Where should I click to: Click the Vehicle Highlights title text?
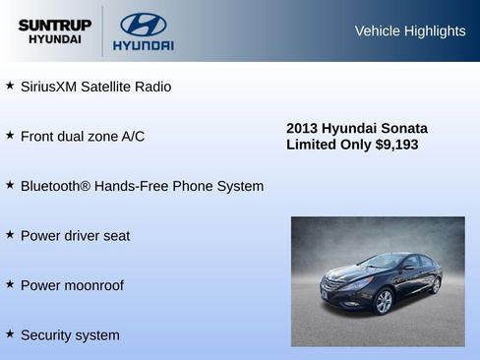click(410, 31)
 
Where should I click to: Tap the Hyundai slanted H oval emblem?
click(143, 25)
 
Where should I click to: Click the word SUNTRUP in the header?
click(54, 25)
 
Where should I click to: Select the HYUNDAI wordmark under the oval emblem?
click(143, 45)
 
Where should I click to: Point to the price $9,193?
click(396, 145)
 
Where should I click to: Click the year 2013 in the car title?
click(302, 128)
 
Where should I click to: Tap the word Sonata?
click(404, 128)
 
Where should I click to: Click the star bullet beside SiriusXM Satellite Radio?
click(10, 86)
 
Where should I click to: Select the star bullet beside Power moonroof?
click(10, 284)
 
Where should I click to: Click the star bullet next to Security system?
click(10, 334)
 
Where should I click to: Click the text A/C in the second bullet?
click(133, 136)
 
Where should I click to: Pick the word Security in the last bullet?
click(46, 335)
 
